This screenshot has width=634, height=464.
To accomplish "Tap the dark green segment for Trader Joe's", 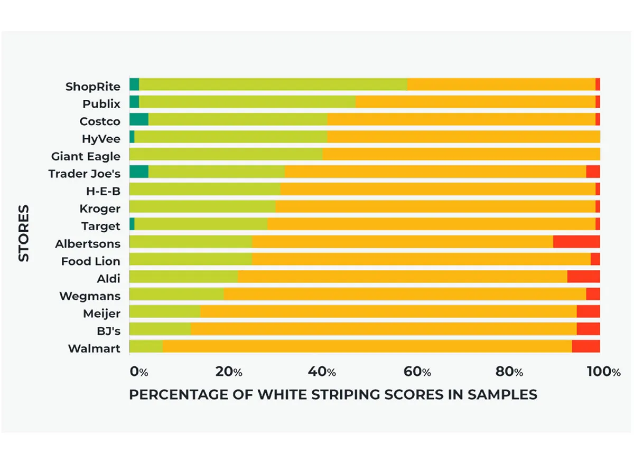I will (138, 172).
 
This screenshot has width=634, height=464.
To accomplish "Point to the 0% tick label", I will (139, 372).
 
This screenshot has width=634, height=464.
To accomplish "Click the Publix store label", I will (101, 103).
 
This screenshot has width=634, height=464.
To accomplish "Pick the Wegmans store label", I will (90, 296).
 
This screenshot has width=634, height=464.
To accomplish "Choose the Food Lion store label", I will (90, 261).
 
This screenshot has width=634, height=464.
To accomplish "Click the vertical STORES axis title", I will (24, 233).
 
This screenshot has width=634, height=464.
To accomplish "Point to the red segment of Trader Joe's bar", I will (593, 172).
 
